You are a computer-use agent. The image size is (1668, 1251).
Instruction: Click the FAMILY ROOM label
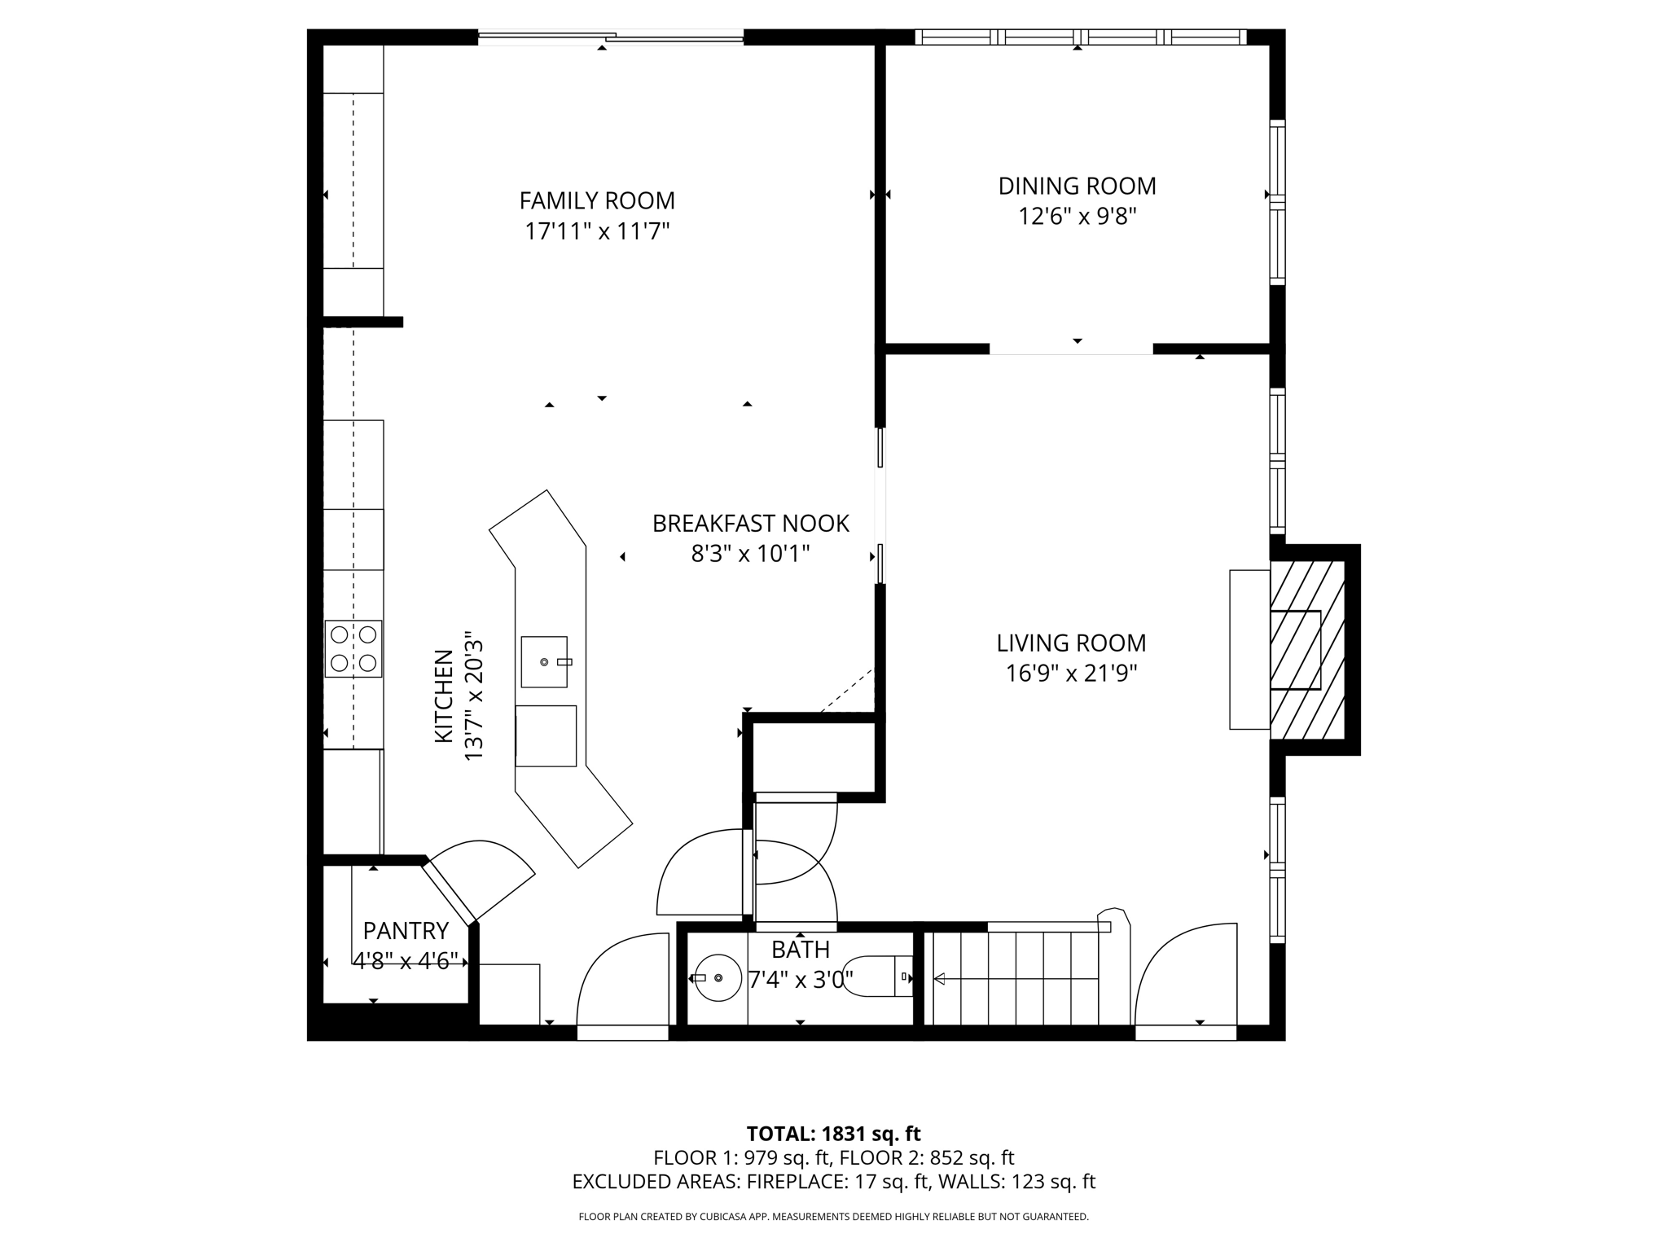(597, 200)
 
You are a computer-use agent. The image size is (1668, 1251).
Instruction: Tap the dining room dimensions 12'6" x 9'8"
(1077, 217)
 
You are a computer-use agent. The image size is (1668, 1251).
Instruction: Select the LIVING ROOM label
(1071, 643)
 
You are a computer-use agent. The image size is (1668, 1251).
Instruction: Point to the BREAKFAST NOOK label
(750, 524)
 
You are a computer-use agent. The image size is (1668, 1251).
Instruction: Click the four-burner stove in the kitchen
(353, 648)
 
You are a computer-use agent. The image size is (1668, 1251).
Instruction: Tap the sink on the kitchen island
(544, 662)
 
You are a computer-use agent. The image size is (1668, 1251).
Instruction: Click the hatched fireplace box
(1306, 649)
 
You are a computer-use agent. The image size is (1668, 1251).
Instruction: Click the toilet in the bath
(880, 977)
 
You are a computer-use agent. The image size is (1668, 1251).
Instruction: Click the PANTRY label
(406, 930)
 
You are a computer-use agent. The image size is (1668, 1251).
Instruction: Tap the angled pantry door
(449, 895)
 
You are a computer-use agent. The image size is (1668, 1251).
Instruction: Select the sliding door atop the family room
(610, 36)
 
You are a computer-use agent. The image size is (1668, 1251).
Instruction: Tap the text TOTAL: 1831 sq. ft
(833, 1134)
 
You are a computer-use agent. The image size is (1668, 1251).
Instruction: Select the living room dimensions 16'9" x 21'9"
(1071, 674)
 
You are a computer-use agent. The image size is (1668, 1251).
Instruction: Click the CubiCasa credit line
(833, 1217)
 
